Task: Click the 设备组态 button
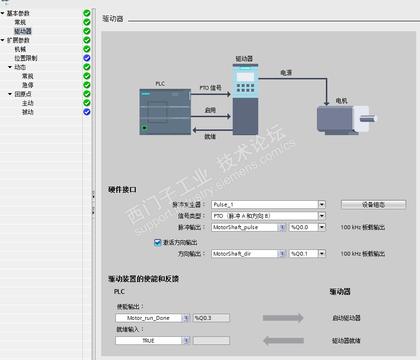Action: pyautogui.click(x=373, y=205)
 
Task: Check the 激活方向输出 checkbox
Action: pyautogui.click(x=157, y=242)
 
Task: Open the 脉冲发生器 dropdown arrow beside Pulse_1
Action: pyautogui.click(x=322, y=205)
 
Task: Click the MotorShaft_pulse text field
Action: pyautogui.click(x=244, y=227)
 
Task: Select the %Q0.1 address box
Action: pyautogui.click(x=304, y=254)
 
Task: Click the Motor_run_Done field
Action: pyautogui.click(x=149, y=318)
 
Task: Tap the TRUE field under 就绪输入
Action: pyautogui.click(x=149, y=341)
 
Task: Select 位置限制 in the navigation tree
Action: pyautogui.click(x=26, y=58)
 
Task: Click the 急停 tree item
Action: pyautogui.click(x=27, y=86)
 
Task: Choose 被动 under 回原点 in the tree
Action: pyautogui.click(x=27, y=112)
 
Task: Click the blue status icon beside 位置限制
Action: pyautogui.click(x=87, y=58)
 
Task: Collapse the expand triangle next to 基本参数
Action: pyautogui.click(x=2, y=13)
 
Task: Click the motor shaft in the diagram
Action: pyautogui.click(x=368, y=119)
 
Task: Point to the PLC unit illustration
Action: pyautogui.click(x=165, y=112)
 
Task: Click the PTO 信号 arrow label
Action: pyautogui.click(x=210, y=88)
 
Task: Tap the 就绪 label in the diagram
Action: pyautogui.click(x=210, y=137)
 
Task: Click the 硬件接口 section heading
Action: pyautogui.click(x=122, y=189)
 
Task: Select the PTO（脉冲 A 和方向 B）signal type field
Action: pyautogui.click(x=265, y=216)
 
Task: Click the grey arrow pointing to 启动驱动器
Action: pyautogui.click(x=283, y=318)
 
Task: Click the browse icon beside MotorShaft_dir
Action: pyautogui.click(x=282, y=254)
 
